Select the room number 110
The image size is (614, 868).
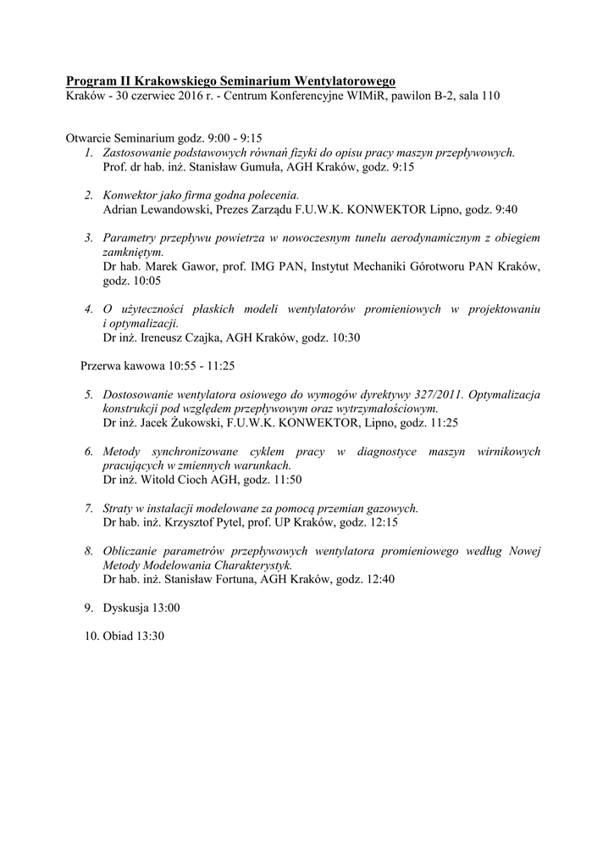[489, 96]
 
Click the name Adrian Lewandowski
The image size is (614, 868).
[154, 209]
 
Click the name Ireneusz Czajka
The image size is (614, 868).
[182, 337]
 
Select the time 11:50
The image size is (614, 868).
[285, 479]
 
